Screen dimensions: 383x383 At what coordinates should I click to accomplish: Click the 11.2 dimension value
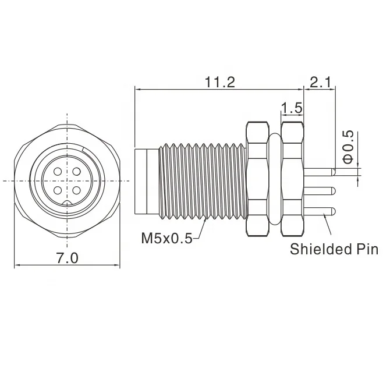[x=219, y=83]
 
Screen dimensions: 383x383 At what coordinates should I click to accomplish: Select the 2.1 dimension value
[x=320, y=83]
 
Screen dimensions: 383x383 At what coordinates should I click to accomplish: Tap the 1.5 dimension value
[x=291, y=108]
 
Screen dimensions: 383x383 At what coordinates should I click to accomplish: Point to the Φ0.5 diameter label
[x=347, y=147]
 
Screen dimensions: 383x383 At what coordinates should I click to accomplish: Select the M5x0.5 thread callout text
[x=166, y=238]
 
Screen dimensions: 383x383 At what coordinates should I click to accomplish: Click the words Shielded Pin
[x=334, y=250]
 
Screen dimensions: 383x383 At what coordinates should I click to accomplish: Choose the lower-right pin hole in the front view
[x=77, y=190]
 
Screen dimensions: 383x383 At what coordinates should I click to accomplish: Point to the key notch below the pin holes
[x=68, y=203]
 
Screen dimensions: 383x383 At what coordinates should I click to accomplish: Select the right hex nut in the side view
[x=293, y=178]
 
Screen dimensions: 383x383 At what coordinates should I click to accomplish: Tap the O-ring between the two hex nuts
[x=275, y=178]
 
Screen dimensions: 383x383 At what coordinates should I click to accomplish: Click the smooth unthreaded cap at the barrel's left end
[x=146, y=180]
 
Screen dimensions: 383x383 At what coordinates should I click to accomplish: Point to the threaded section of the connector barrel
[x=201, y=180]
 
